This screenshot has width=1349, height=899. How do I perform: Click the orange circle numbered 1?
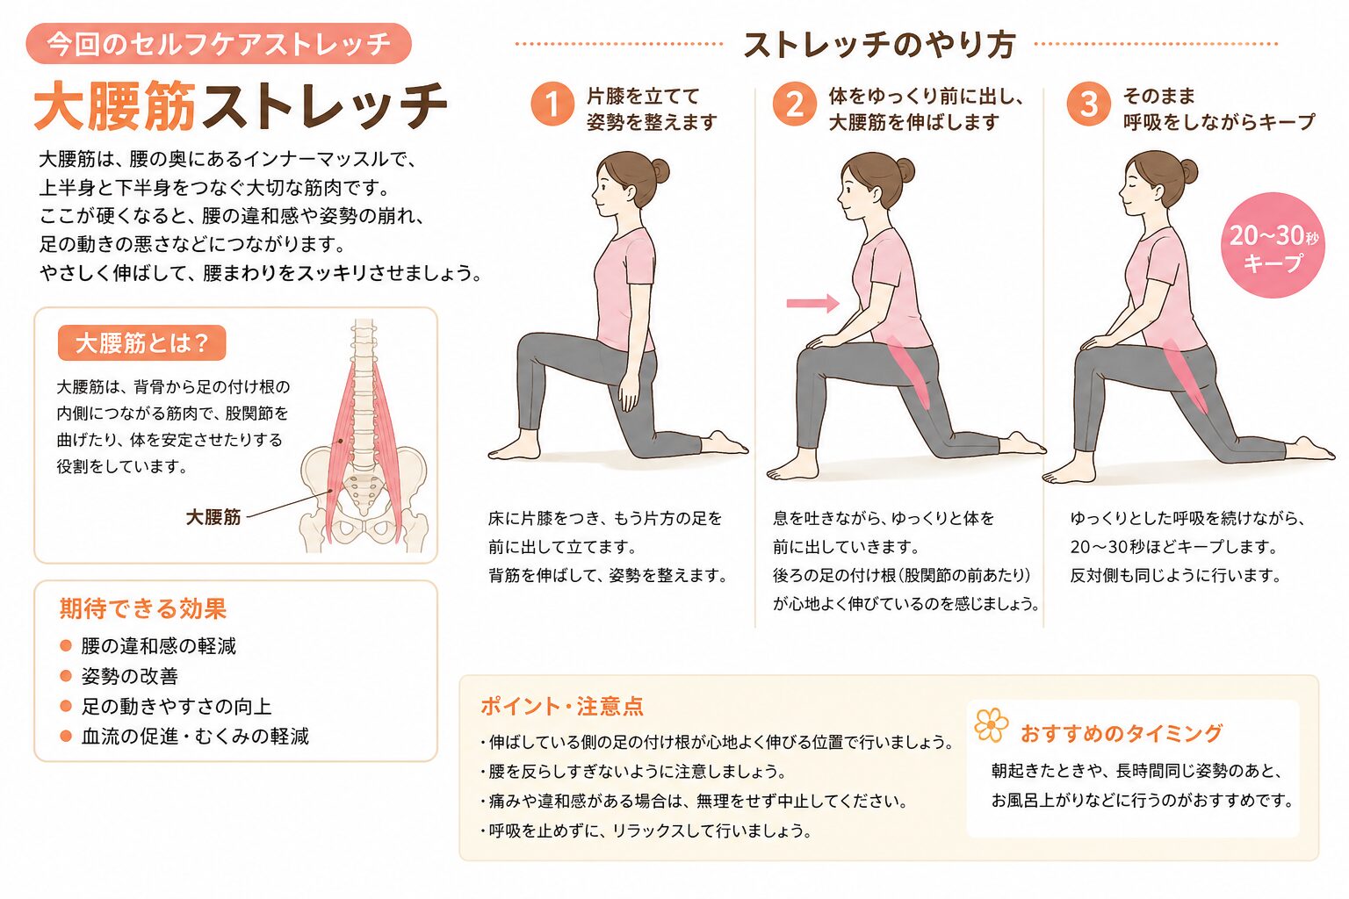552,104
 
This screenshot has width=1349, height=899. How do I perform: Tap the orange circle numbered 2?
794,104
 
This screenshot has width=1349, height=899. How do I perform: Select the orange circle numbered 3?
1088,104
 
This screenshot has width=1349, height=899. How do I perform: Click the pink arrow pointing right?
813,303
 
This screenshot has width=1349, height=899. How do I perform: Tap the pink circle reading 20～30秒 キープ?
1273,245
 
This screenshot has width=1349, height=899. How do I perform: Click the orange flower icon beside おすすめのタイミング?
992,725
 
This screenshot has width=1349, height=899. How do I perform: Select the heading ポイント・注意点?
562,707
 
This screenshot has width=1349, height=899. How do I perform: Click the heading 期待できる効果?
143,608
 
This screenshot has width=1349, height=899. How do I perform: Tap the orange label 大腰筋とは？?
141,343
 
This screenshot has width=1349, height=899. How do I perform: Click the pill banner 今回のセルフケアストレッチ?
219,43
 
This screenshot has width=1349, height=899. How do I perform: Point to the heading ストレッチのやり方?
879,45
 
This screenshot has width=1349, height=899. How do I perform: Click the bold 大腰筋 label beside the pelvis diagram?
213,516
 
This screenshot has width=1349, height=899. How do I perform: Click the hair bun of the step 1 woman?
660,170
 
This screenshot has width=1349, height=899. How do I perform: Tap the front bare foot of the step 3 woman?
1069,472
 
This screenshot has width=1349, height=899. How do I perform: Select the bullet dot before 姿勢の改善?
66,676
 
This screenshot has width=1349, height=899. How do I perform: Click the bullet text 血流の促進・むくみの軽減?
195,736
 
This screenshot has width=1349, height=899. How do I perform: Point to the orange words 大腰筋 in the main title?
115,106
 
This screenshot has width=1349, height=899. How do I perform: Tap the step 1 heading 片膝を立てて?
643,97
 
